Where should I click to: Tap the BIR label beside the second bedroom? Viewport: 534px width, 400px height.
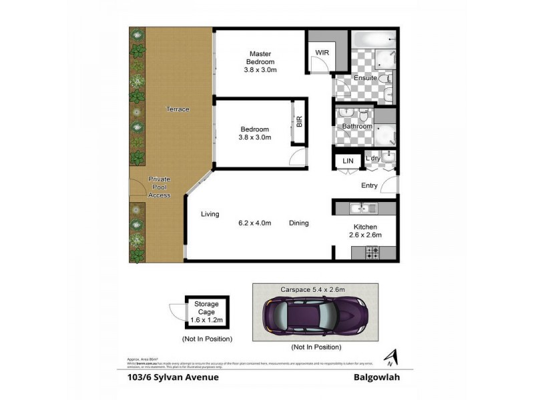299,122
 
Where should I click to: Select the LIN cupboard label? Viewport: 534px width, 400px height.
347,161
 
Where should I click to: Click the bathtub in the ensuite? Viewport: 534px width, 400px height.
374,39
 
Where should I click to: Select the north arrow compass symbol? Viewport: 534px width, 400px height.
389,359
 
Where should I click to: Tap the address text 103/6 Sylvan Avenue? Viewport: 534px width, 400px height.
172,377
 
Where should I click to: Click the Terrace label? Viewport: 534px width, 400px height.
178,109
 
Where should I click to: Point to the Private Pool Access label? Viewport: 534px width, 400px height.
160,187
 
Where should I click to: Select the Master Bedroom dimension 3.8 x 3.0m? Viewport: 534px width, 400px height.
260,69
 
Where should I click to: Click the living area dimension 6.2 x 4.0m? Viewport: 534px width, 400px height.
254,223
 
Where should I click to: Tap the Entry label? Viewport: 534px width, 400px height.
369,185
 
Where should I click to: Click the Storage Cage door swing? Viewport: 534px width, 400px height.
177,311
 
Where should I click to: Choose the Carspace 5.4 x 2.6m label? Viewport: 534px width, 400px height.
314,290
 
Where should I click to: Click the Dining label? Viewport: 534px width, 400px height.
299,223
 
